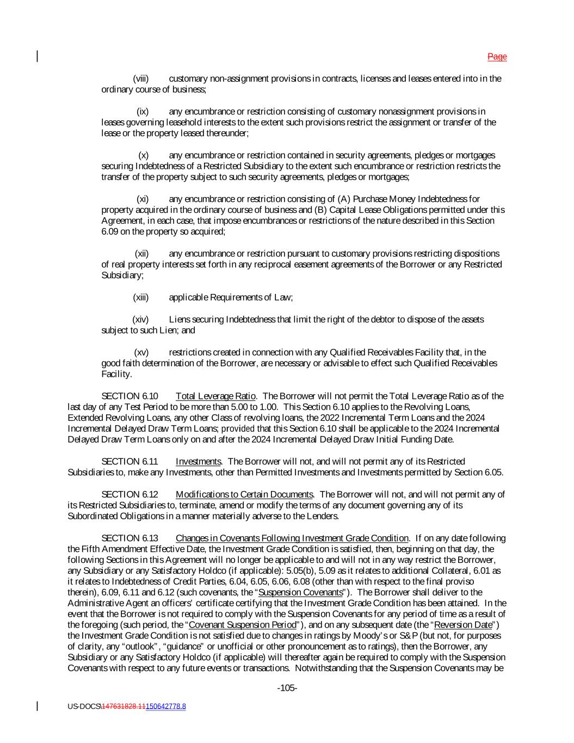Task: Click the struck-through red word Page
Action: tap(497, 57)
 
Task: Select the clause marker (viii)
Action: tap(140, 79)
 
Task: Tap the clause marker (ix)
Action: tap(142, 112)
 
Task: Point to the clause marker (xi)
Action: tap(142, 199)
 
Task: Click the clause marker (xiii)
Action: tap(140, 297)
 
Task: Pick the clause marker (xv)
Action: tap(141, 352)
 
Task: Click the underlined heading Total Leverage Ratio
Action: tap(215, 396)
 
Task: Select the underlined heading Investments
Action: tap(198, 462)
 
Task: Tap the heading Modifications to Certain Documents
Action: tap(244, 494)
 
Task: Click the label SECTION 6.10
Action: tap(129, 396)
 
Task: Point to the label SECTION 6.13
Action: tap(129, 538)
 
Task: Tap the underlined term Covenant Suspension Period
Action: tap(242, 625)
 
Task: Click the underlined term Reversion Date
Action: tap(463, 625)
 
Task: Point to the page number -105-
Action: tap(287, 689)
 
